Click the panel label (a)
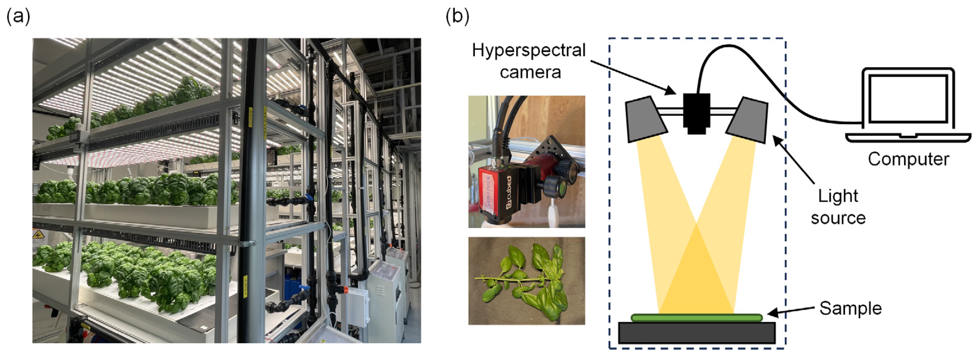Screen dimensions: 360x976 pyautogui.click(x=18, y=17)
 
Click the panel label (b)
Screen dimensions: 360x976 pyautogui.click(x=457, y=17)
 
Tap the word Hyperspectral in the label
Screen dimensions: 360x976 pyautogui.click(x=529, y=50)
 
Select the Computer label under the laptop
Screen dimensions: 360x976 pyautogui.click(x=909, y=159)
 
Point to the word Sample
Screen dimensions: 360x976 pyautogui.click(x=850, y=309)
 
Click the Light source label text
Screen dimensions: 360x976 pyautogui.click(x=838, y=207)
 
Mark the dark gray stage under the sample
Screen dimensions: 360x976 pyautogui.click(x=696, y=333)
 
